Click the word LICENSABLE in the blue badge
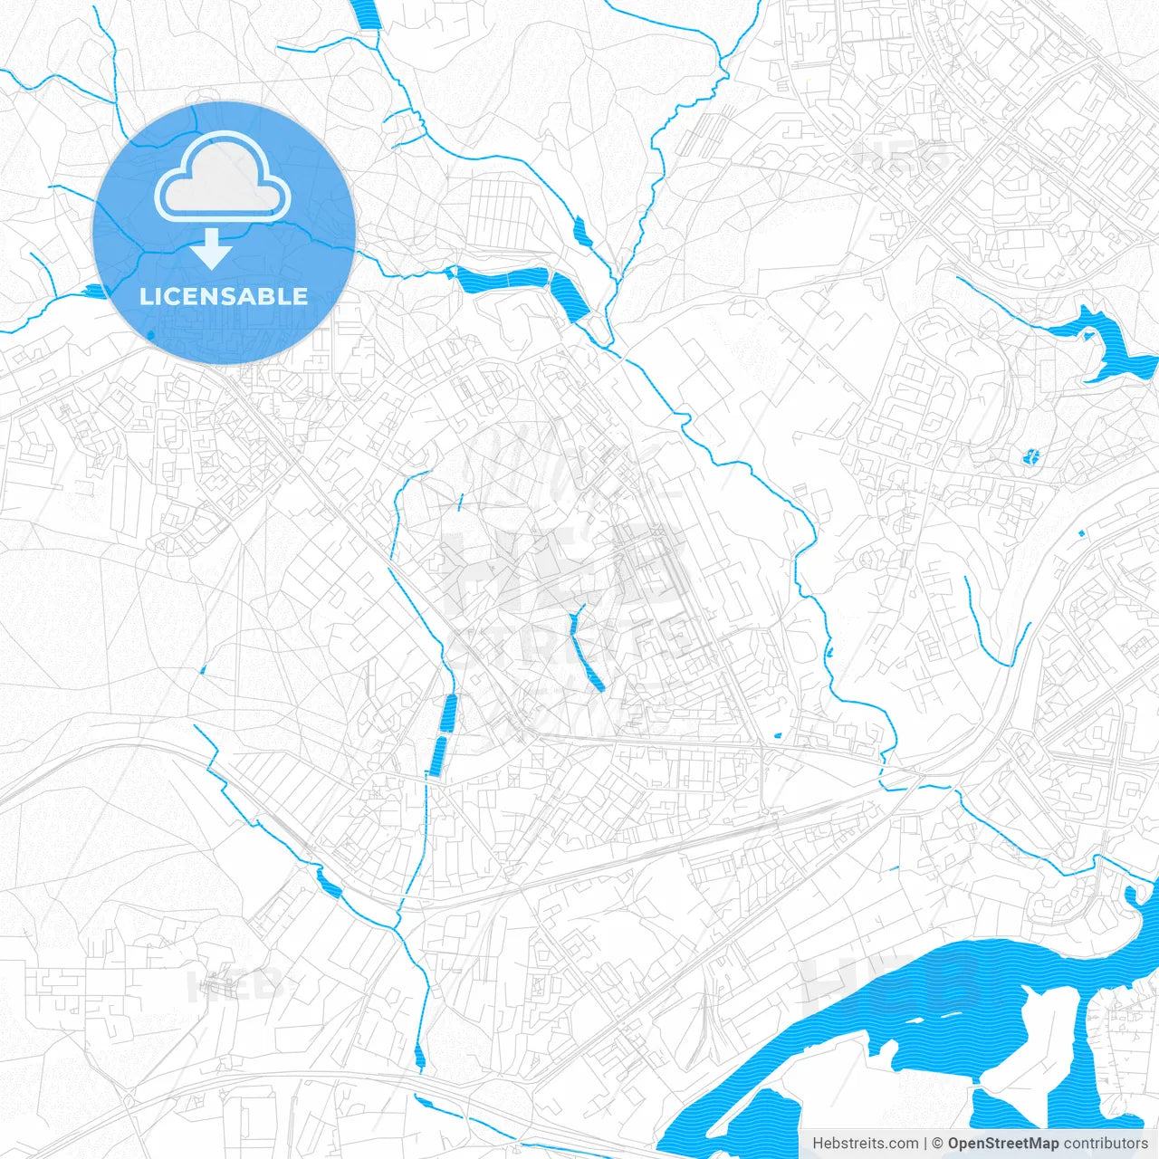pos(224,296)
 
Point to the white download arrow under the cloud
pos(212,248)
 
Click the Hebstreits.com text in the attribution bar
pos(865,1144)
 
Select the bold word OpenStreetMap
pos(1002,1144)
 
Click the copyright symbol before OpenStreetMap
pos(938,1144)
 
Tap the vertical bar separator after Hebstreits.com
pos(925,1144)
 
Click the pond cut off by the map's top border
pos(368,14)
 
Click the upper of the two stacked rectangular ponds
pos(448,714)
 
